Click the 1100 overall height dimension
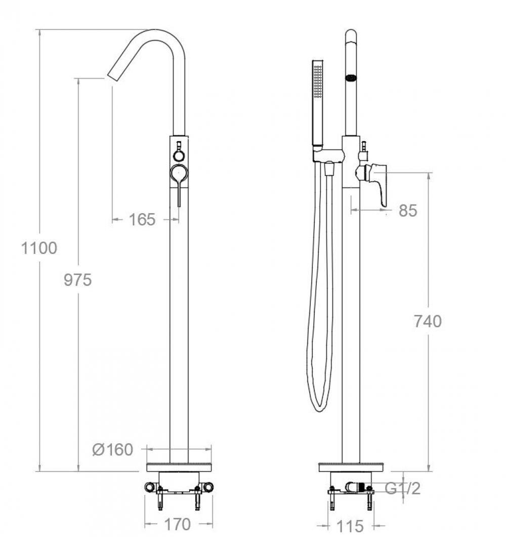[39, 249]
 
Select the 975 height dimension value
[78, 280]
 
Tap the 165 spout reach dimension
[142, 220]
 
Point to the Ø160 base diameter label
[113, 449]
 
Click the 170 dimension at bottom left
[177, 524]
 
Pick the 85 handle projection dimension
[408, 211]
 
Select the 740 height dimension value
[428, 321]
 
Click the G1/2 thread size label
[403, 488]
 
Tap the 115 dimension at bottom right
[350, 526]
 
